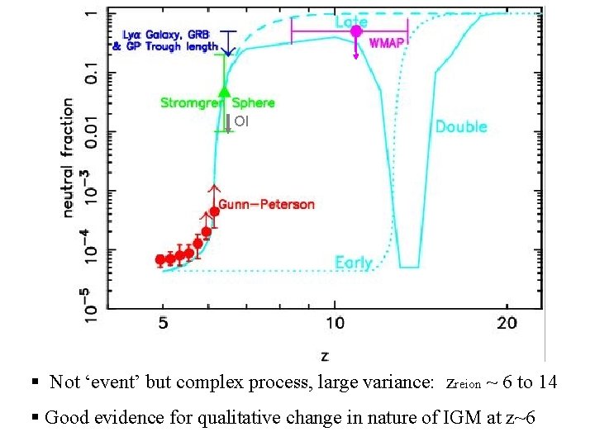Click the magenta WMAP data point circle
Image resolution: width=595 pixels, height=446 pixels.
coord(356,31)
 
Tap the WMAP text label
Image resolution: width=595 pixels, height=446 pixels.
coord(387,43)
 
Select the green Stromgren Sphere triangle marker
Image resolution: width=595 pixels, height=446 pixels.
coord(223,91)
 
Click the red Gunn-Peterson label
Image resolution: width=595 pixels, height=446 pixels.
coord(266,204)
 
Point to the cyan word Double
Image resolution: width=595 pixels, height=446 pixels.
coord(461,126)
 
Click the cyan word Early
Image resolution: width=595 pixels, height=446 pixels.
coord(354,263)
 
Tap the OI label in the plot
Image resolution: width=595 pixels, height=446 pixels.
coord(240,121)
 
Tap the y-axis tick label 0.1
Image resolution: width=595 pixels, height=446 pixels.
coord(93,73)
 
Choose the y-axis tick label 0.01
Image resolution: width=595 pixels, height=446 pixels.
coord(93,132)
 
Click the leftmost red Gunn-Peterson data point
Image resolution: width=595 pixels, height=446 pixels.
coord(160,259)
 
